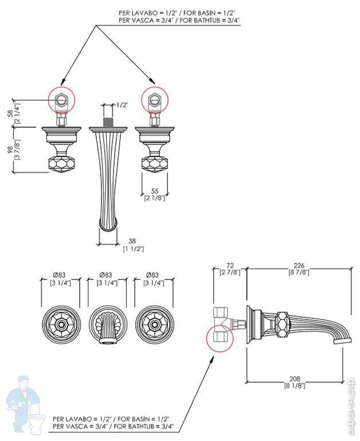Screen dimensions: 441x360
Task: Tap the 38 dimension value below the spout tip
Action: coord(133,241)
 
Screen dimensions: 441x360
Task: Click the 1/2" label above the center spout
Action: coord(122,105)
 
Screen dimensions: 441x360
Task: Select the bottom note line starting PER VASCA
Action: coord(113,427)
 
